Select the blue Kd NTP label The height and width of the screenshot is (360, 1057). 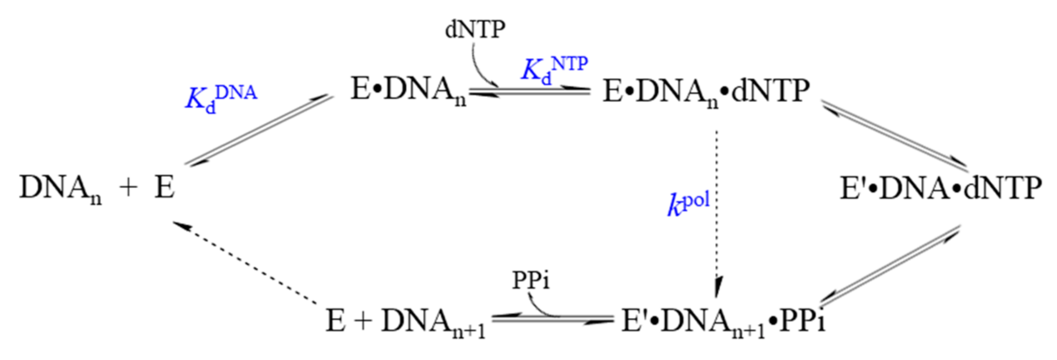pyautogui.click(x=554, y=70)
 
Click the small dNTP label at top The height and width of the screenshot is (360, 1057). pyautogui.click(x=475, y=30)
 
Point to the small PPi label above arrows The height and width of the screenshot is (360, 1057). pyautogui.click(x=531, y=280)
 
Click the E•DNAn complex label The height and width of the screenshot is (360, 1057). pyautogui.click(x=408, y=91)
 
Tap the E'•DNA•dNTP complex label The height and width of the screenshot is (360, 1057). pyautogui.click(x=941, y=189)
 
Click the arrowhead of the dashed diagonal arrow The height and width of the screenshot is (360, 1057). pyautogui.click(x=180, y=225)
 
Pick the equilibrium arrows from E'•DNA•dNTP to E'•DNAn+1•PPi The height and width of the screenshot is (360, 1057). pyautogui.click(x=889, y=266)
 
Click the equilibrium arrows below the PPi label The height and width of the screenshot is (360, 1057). pyautogui.click(x=552, y=320)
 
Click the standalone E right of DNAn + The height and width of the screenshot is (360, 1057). pyautogui.click(x=165, y=188)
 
